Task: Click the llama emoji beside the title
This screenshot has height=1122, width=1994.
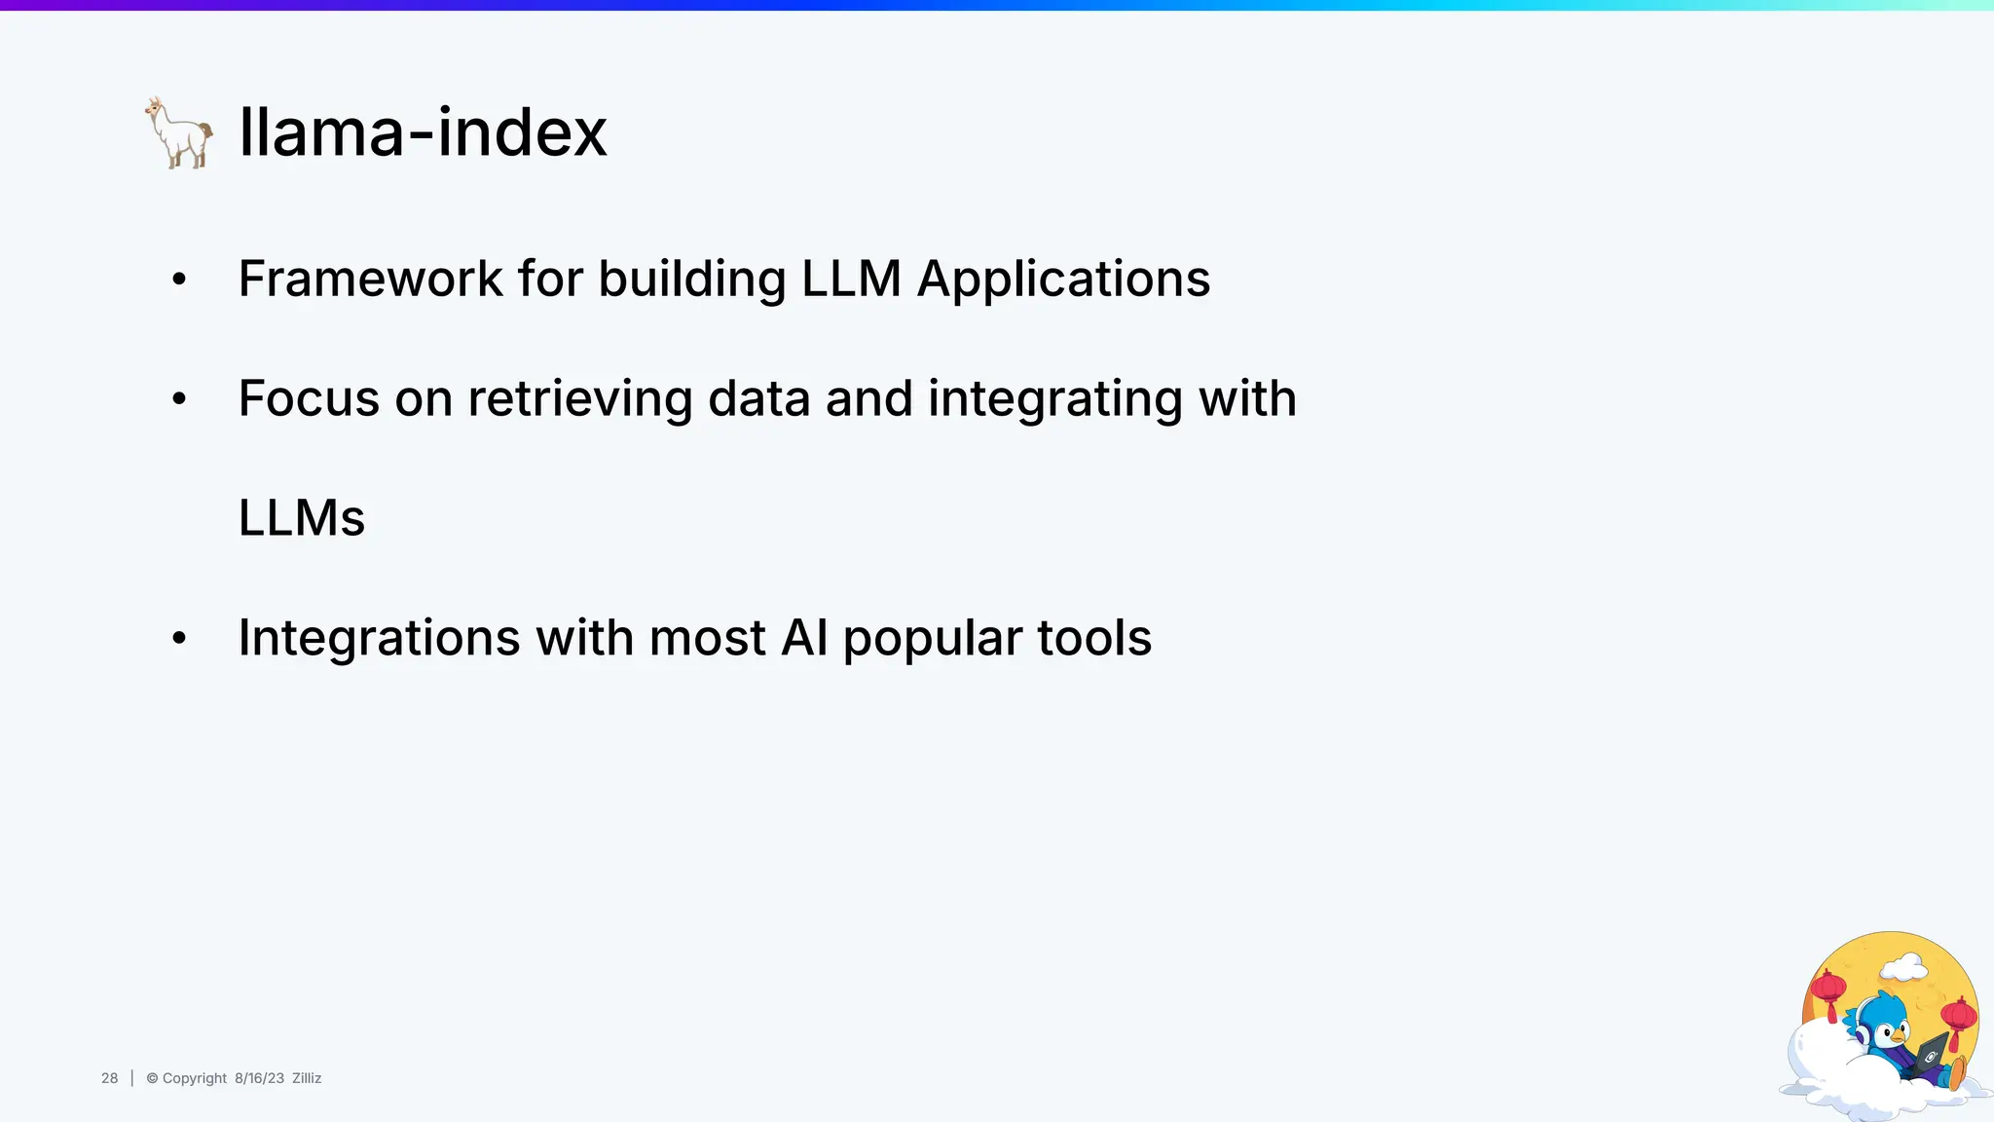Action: coord(179,132)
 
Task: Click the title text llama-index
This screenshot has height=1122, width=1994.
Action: coord(423,132)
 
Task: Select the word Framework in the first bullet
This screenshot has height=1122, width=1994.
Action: coord(370,279)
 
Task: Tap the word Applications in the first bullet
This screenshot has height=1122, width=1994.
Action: coord(1063,279)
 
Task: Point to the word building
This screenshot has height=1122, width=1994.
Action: coord(691,279)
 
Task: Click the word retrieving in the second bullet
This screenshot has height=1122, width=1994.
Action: coord(579,398)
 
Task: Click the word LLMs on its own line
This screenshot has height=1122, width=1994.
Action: coord(302,518)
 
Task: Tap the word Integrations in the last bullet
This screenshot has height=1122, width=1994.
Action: coord(379,638)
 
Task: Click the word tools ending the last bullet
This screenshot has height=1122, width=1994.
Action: coord(1093,638)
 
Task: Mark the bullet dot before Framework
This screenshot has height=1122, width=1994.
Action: coord(179,280)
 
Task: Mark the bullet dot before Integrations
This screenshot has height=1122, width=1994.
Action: coord(179,640)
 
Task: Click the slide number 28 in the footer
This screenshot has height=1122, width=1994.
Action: coord(109,1078)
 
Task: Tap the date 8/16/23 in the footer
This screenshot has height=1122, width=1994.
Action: coord(259,1078)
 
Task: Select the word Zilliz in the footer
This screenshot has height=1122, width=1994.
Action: coord(307,1078)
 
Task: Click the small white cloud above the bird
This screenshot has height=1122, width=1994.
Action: coord(1903,968)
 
